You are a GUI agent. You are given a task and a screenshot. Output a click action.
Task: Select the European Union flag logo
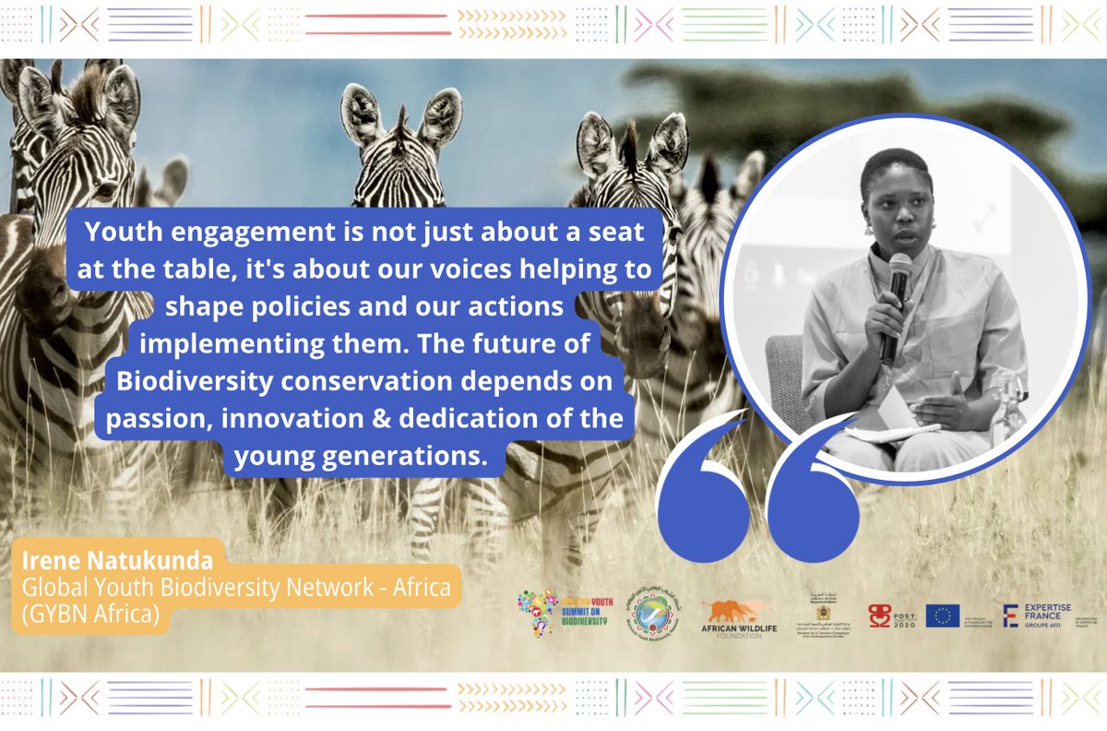[x=942, y=616]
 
